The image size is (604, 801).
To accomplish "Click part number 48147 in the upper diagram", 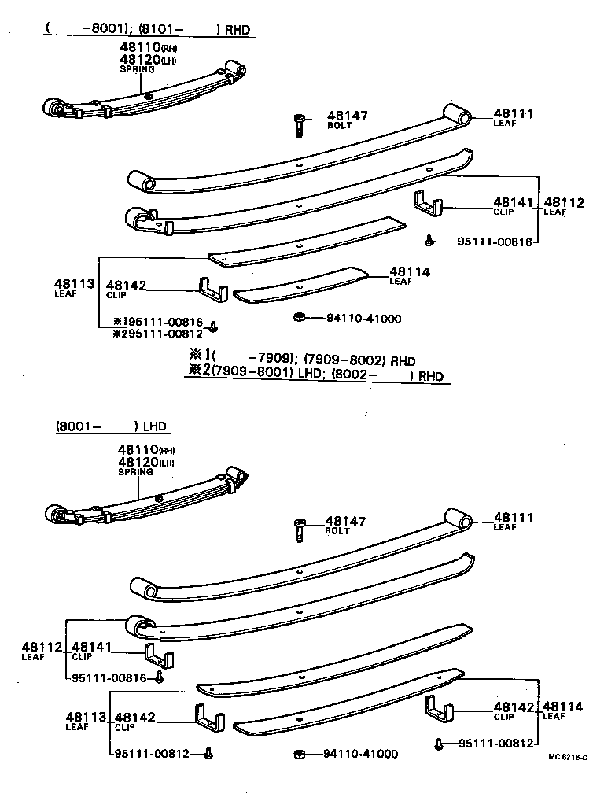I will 347,116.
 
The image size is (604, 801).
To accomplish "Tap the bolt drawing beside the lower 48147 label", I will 299,529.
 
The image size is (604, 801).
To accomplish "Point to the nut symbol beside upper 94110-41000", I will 299,318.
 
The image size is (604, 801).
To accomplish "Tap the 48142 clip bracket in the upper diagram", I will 212,288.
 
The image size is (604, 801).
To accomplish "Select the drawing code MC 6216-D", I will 568,757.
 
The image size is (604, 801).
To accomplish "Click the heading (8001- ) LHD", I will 111,426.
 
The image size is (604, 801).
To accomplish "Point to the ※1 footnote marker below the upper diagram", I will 198,353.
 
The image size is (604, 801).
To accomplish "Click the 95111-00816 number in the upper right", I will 495,241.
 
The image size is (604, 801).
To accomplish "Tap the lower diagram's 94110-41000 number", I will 360,754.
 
